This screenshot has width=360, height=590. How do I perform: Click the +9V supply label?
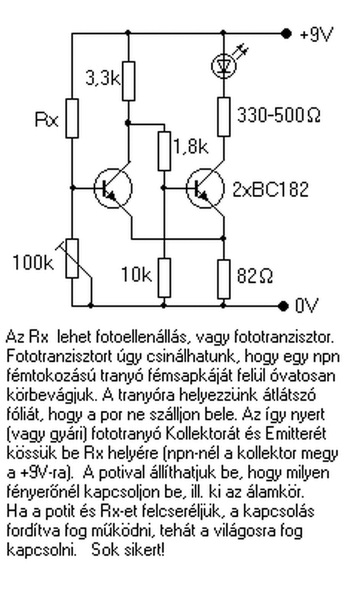coord(316,35)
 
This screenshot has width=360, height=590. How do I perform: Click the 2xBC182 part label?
coord(270,189)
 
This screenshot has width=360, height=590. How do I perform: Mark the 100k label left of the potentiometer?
coord(33,263)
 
